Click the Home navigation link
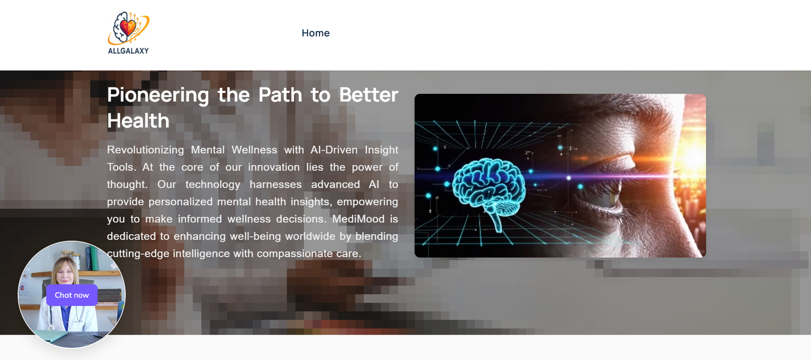[316, 33]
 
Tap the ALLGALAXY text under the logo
[129, 51]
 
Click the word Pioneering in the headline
[158, 95]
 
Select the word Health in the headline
[138, 121]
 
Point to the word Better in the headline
[368, 95]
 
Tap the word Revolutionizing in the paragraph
[145, 150]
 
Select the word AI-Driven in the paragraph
[334, 150]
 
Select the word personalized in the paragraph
[180, 202]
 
